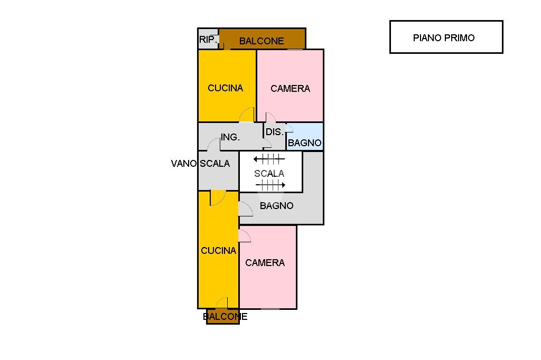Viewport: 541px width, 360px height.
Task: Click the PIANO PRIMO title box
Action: pyautogui.click(x=446, y=37)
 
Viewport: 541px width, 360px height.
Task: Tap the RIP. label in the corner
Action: pyautogui.click(x=208, y=39)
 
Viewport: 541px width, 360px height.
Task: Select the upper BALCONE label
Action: pyautogui.click(x=262, y=41)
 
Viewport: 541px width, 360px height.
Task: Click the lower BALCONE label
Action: pyautogui.click(x=226, y=317)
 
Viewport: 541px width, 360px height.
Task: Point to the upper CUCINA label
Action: pyautogui.click(x=226, y=88)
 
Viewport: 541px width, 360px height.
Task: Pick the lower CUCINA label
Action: pyautogui.click(x=219, y=251)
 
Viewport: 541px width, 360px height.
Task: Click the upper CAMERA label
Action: pyautogui.click(x=290, y=89)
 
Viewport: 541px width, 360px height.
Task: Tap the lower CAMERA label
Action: pyautogui.click(x=265, y=262)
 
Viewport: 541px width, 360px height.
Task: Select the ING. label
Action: pyautogui.click(x=230, y=137)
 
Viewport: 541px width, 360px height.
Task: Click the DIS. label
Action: pyautogui.click(x=274, y=132)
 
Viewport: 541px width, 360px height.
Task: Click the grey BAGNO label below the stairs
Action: pyautogui.click(x=276, y=206)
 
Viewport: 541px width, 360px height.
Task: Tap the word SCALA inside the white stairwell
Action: pyautogui.click(x=269, y=173)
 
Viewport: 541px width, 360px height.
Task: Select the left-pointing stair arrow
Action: pyautogui.click(x=269, y=159)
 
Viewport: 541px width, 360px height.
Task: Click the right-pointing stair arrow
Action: pyautogui.click(x=270, y=185)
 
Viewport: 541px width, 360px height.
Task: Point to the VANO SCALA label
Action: pyautogui.click(x=201, y=164)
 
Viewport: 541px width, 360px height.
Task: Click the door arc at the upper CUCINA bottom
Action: pyautogui.click(x=247, y=116)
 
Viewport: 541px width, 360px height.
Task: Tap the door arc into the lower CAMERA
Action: pyautogui.click(x=244, y=235)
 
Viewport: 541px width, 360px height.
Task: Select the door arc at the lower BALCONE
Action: pyautogui.click(x=222, y=303)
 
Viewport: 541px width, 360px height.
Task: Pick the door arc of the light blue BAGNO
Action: pyautogui.click(x=289, y=128)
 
